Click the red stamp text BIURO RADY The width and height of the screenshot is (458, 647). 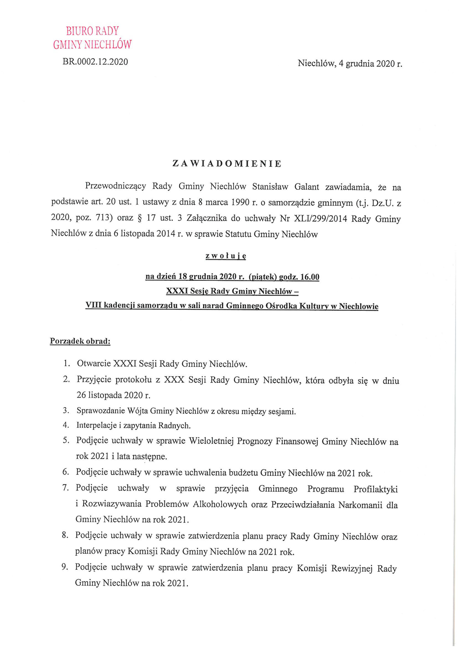pos(92,31)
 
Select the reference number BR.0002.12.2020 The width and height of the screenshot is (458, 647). pos(95,62)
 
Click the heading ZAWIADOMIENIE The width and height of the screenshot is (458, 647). pos(227,164)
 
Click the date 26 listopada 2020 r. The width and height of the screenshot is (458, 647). pos(113,395)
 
